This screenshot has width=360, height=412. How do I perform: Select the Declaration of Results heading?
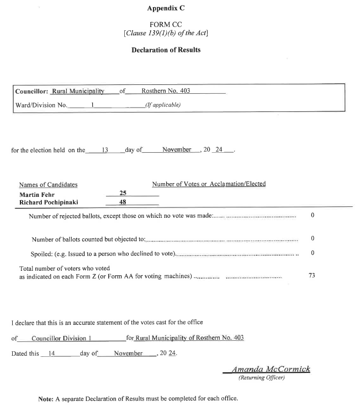(x=166, y=50)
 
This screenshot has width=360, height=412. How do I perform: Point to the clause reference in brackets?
(x=166, y=33)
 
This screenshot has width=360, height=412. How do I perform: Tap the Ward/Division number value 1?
(x=93, y=104)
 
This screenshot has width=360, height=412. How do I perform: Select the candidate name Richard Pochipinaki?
(x=49, y=202)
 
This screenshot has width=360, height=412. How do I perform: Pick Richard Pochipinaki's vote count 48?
(x=124, y=202)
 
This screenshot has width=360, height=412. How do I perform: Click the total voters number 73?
(x=312, y=275)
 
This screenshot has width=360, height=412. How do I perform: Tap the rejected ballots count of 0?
(x=313, y=215)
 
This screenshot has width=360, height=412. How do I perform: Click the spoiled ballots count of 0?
(x=313, y=253)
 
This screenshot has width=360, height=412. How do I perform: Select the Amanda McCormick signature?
(x=271, y=369)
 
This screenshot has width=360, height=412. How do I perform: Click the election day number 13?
(x=104, y=150)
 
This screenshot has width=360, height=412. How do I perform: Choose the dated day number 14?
(x=52, y=353)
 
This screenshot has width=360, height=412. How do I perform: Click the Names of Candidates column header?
(x=48, y=185)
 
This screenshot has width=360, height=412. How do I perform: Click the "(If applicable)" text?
(x=162, y=104)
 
